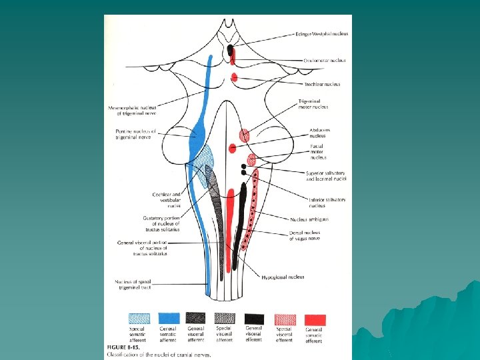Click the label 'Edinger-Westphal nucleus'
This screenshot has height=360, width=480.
321,34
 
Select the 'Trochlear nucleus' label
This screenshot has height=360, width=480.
322,85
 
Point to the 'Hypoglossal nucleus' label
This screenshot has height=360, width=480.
283,277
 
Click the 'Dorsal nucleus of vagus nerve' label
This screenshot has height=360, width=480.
305,235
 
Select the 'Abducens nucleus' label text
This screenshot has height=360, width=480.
319,133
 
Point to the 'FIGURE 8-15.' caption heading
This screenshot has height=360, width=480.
124,347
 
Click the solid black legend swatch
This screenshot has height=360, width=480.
254,319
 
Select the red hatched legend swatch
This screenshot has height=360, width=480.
285,319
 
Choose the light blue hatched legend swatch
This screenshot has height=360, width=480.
139,318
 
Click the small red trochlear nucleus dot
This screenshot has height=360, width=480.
233,77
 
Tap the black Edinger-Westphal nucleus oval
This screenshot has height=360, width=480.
231,50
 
